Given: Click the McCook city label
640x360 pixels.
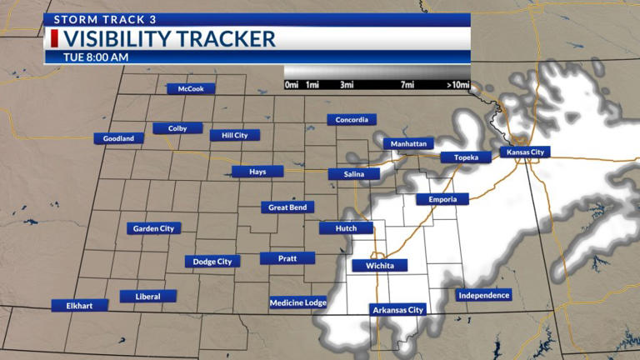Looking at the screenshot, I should (191, 88).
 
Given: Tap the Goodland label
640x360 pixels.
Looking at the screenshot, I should (118, 138).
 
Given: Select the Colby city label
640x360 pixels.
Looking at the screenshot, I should (177, 128).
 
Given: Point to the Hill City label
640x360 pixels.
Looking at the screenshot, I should (234, 135).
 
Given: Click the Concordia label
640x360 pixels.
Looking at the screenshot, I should (352, 119).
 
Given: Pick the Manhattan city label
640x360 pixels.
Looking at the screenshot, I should (409, 143).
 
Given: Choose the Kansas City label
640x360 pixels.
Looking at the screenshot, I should (526, 152).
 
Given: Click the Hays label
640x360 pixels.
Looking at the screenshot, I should (258, 172).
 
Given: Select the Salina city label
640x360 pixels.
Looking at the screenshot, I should (353, 174).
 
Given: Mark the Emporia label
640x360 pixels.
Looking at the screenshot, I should (442, 199).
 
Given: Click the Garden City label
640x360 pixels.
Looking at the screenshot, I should (153, 227).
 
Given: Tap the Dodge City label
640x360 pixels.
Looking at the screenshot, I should (212, 262).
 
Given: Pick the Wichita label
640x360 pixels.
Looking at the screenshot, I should (379, 266).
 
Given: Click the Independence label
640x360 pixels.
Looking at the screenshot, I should (483, 295).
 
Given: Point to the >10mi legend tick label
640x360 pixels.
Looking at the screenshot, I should (457, 85).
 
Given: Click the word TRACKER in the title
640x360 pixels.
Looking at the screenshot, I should (228, 38).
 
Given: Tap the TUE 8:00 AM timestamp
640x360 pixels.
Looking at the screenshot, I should (95, 57).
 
